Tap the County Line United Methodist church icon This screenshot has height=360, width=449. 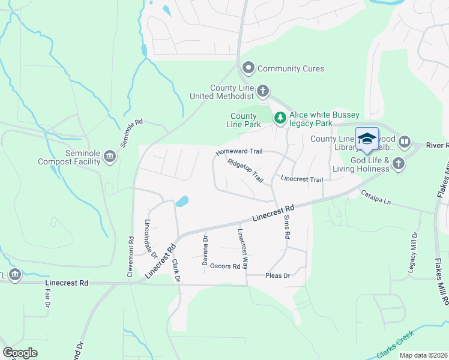(x=262, y=91)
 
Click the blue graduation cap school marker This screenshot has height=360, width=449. (x=367, y=139)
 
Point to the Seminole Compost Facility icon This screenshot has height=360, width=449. (x=109, y=157)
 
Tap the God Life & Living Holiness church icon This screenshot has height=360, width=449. (x=398, y=163)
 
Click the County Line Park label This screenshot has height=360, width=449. (x=245, y=120)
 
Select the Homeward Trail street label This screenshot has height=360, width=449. (x=240, y=154)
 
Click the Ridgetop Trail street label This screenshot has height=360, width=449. (x=246, y=171)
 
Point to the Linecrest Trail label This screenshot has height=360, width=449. (x=302, y=179)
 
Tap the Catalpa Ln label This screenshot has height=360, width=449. (x=375, y=197)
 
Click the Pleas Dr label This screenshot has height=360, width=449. (x=277, y=276)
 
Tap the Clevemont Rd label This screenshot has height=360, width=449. (x=130, y=256)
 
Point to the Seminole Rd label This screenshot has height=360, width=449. (x=131, y=133)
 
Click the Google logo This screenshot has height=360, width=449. (x=20, y=353)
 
